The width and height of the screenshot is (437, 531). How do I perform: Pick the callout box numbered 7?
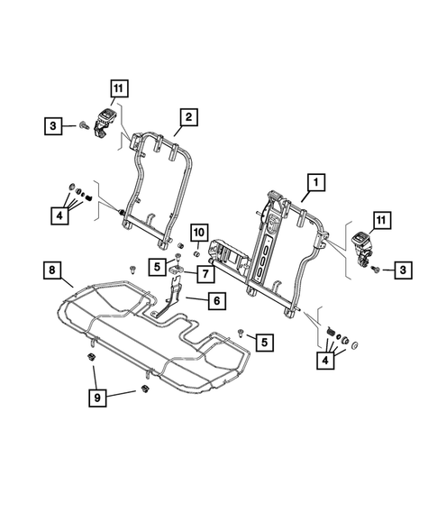205,272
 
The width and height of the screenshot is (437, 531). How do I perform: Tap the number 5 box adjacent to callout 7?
157,266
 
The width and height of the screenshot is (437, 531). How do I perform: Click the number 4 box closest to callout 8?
59,215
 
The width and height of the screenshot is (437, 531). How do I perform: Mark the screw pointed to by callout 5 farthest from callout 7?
242,333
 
